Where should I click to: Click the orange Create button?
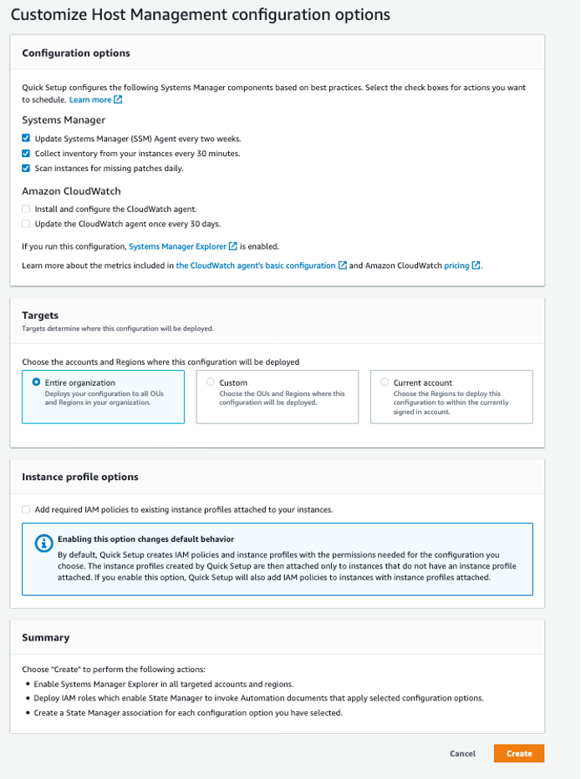click(518, 753)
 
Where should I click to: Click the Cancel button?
click(462, 753)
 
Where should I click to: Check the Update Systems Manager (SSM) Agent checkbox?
click(27, 138)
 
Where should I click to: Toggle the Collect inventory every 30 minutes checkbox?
click(27, 153)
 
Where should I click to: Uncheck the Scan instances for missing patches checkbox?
click(27, 168)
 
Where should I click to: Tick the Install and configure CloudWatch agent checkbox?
click(27, 209)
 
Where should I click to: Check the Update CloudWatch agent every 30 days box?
click(27, 224)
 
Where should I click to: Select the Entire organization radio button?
click(36, 382)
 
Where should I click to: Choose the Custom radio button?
click(210, 382)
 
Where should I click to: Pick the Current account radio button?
click(385, 382)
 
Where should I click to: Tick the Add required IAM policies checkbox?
click(27, 509)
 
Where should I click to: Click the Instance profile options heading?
click(80, 477)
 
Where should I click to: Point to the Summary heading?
click(45, 637)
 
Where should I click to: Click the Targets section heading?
click(39, 316)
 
